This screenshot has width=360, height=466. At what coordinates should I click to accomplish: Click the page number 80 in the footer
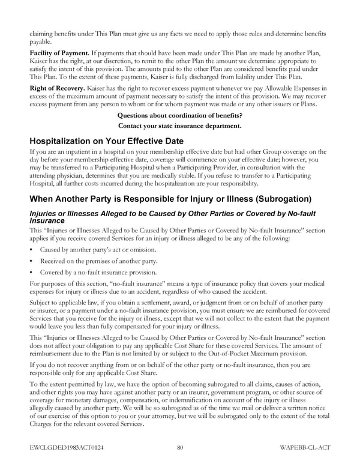[180, 447]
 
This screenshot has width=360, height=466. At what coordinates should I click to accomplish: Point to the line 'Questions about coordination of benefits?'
[180, 115]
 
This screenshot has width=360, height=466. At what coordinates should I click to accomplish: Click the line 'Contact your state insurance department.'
[180, 126]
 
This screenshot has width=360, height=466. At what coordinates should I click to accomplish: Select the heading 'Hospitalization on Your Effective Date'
[110, 141]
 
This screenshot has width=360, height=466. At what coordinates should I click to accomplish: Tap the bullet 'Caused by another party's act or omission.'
[98, 249]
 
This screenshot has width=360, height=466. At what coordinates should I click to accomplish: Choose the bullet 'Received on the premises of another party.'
[98, 261]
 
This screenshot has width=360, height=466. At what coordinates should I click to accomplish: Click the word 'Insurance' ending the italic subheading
[47, 221]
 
